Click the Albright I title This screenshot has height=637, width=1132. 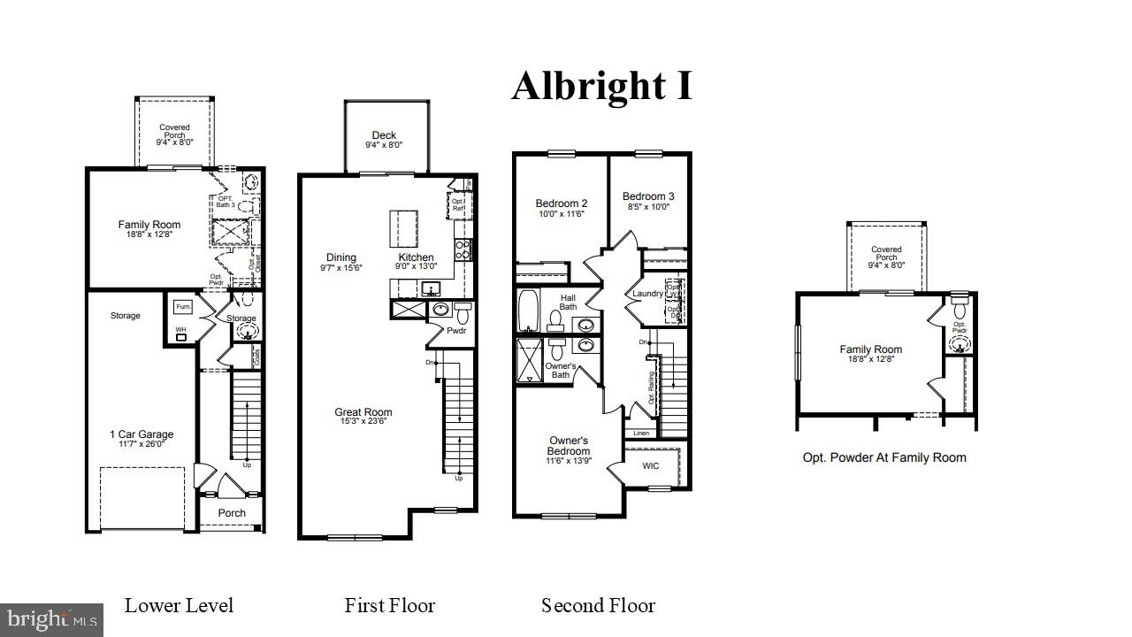tap(601, 86)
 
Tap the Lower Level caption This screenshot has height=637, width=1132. tap(179, 606)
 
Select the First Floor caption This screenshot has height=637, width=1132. tap(389, 606)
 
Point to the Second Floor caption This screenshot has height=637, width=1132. tap(598, 606)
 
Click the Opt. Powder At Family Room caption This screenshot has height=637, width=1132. tap(883, 457)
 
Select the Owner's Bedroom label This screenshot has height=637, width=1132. tap(569, 446)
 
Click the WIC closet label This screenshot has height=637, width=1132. tap(650, 465)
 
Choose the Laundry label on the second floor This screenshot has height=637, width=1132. tap(647, 294)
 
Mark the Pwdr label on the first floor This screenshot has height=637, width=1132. tap(456, 331)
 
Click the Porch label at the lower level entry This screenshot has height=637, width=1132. tap(232, 513)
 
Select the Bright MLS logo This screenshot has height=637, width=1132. tap(51, 619)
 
